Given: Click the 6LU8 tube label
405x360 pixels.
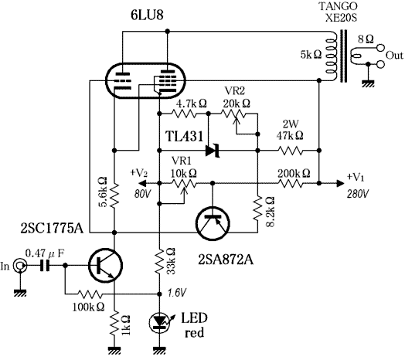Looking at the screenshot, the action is (147, 15).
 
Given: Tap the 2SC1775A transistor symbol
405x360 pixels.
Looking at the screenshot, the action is (105, 266).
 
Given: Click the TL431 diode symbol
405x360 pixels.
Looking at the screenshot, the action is (213, 151).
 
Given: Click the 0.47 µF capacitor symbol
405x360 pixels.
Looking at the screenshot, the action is (45, 266).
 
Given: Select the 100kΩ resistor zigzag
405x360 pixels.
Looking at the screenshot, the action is (90, 294).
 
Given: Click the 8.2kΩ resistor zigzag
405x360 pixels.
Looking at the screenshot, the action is (257, 208).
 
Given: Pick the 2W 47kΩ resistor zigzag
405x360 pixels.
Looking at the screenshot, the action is (290, 151).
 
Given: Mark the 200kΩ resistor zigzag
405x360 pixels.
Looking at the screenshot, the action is (290, 183).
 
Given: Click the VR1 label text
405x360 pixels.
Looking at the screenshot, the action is (182, 161).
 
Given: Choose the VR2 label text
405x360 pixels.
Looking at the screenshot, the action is (235, 91).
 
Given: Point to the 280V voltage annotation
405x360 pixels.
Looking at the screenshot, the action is (359, 194).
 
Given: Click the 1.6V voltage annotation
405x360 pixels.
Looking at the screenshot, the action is (176, 294).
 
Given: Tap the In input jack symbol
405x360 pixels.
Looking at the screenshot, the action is (20, 266).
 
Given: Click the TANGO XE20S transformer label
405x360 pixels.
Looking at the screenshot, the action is (339, 12).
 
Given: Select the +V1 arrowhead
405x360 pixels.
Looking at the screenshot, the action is (340, 183).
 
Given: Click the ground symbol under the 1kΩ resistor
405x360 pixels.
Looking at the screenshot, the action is (114, 350).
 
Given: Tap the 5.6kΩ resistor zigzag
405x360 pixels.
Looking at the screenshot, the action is (114, 195).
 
